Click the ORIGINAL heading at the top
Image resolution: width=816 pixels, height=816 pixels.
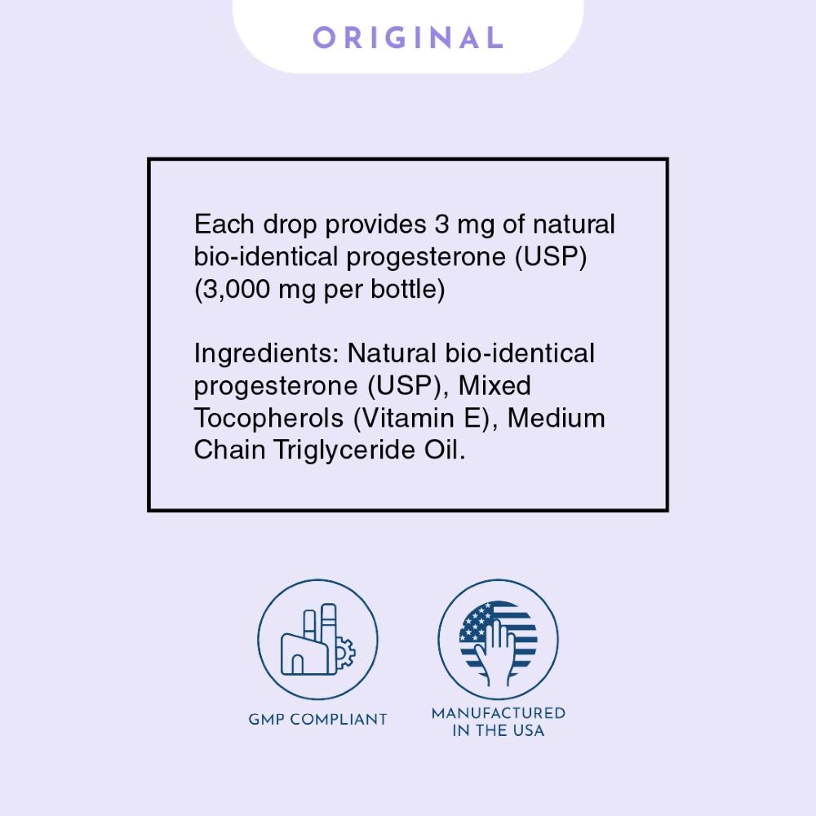pyautogui.click(x=408, y=38)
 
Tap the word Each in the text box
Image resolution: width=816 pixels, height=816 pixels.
pyautogui.click(x=224, y=224)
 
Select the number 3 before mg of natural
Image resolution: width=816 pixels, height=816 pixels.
pyautogui.click(x=441, y=224)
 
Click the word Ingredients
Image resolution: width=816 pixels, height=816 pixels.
pyautogui.click(x=266, y=354)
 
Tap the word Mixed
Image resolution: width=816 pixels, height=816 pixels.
pyautogui.click(x=494, y=386)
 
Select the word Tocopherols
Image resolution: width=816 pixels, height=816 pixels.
pyautogui.click(x=268, y=419)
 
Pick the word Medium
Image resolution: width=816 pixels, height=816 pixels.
pyautogui.click(x=556, y=418)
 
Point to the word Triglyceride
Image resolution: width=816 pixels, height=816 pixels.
pyautogui.click(x=344, y=450)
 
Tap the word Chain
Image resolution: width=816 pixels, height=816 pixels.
pyautogui.click(x=229, y=450)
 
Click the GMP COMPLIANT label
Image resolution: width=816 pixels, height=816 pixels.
pyautogui.click(x=318, y=719)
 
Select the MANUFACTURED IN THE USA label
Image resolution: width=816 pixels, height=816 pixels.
pyautogui.click(x=499, y=722)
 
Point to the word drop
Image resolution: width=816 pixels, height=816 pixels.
pyautogui.click(x=290, y=225)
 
